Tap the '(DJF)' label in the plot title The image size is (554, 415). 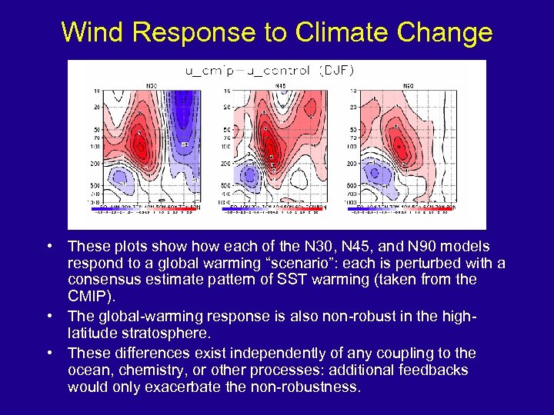click(337, 71)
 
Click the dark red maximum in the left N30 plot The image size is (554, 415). click(140, 145)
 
